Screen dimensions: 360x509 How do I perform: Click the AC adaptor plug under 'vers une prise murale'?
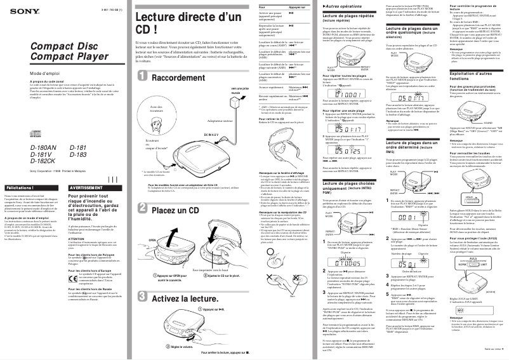(237, 110)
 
